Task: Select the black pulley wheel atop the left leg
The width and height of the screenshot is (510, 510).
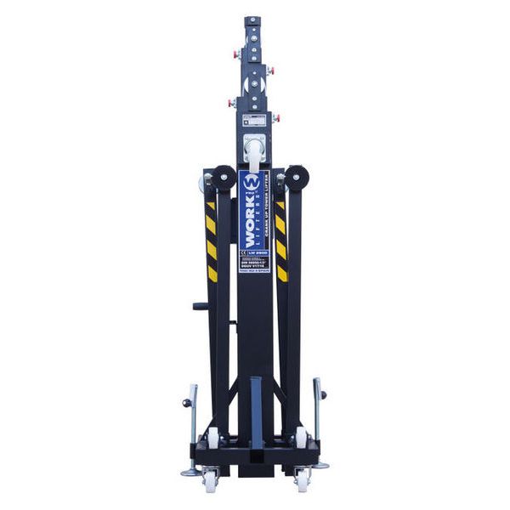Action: (224, 178)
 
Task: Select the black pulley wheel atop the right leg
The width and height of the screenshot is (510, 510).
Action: (297, 178)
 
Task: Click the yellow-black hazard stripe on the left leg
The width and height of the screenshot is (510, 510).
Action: (211, 242)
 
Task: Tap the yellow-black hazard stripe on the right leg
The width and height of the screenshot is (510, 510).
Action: (281, 242)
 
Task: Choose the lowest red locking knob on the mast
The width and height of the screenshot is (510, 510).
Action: (276, 117)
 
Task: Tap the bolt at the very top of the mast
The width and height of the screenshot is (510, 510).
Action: (252, 18)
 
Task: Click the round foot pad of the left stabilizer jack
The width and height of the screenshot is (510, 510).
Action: (190, 473)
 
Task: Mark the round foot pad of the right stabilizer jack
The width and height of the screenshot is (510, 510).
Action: (321, 465)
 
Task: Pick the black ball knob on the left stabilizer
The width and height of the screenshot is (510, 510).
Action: (186, 403)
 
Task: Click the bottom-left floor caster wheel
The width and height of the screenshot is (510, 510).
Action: (210, 483)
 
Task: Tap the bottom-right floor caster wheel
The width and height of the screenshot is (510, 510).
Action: (302, 483)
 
